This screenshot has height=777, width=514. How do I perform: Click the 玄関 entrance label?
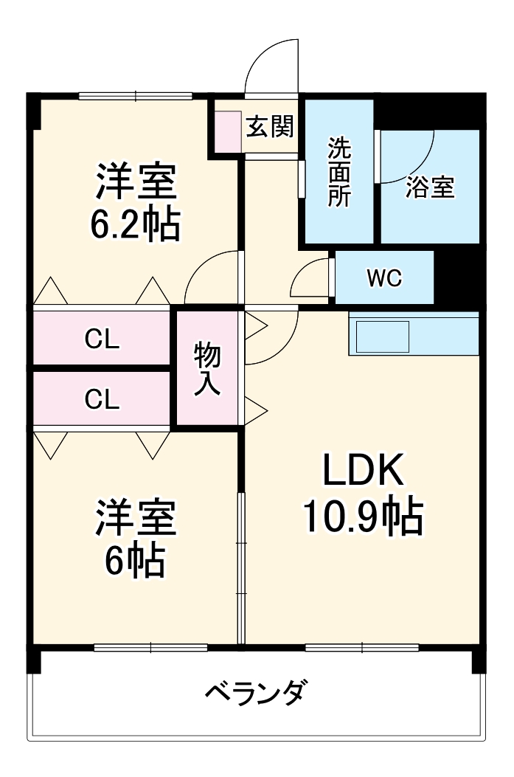pos(270,127)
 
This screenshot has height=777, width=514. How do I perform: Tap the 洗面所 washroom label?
pos(339,172)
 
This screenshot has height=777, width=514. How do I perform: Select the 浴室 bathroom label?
pos(429,187)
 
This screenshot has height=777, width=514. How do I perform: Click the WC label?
pos(384,278)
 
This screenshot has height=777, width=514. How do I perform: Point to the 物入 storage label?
pos(207,369)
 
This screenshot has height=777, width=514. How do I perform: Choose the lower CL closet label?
pos(102,399)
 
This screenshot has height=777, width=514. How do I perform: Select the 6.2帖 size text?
pos(135,225)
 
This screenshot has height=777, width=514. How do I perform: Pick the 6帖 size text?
pos(133,563)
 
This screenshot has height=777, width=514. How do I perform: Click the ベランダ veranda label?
pos(254,694)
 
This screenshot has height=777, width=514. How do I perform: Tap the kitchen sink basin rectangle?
pos(382,336)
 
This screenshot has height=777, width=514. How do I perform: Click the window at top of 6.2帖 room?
pos(135,95)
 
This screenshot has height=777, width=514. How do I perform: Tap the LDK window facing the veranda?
pos(361,648)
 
